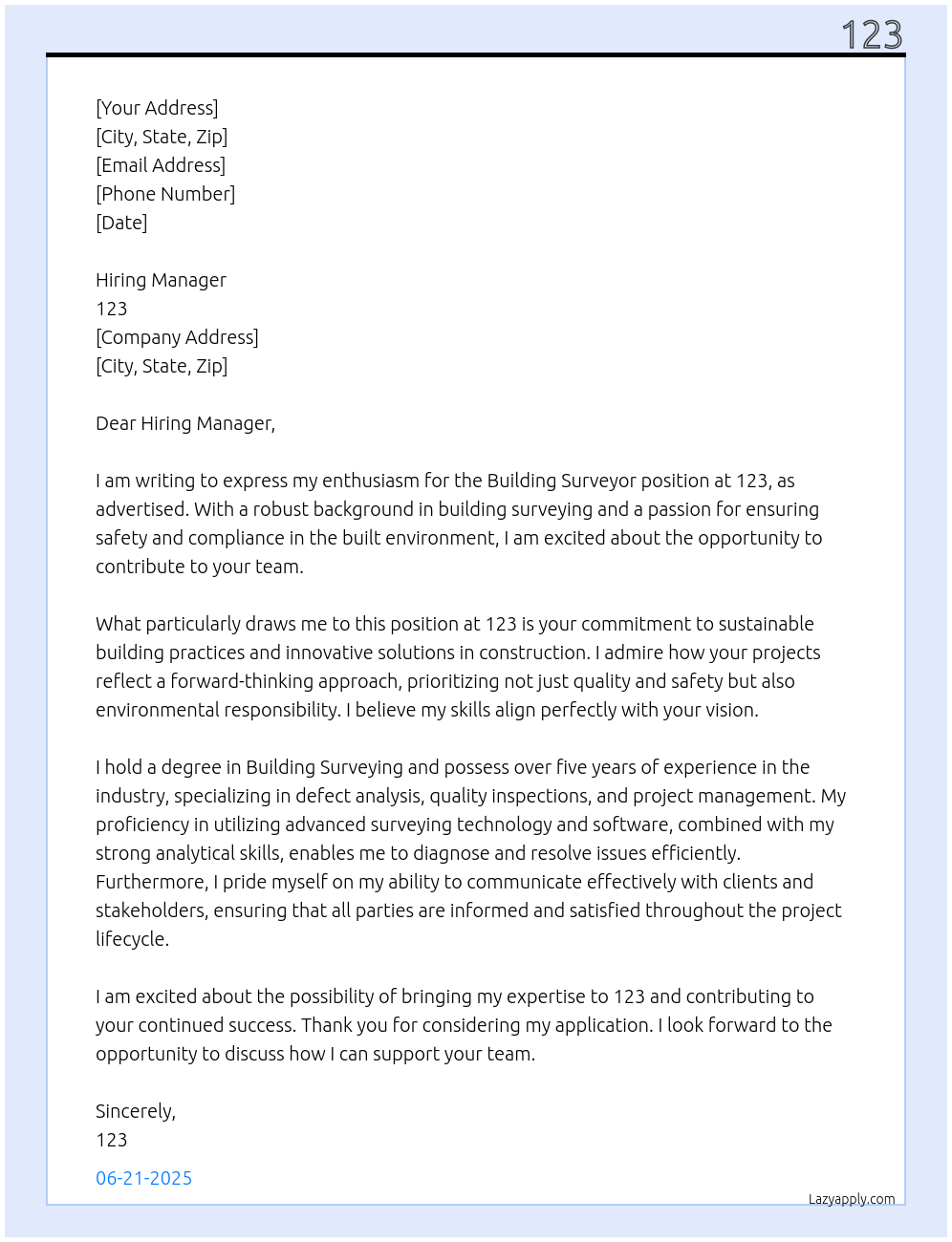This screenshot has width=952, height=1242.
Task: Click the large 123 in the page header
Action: [872, 35]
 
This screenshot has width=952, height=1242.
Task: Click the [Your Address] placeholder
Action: [157, 108]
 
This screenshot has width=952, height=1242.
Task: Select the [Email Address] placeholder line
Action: [161, 165]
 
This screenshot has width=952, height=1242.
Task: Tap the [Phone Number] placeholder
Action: [165, 194]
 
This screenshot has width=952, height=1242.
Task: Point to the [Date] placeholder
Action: [121, 223]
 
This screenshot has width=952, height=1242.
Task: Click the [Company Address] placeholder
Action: [177, 337]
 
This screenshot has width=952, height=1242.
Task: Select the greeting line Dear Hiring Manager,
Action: [185, 423]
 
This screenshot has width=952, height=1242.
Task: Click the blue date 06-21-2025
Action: [143, 1178]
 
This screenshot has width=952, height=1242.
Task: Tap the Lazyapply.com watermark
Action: [852, 1199]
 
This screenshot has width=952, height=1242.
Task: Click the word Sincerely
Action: [135, 1111]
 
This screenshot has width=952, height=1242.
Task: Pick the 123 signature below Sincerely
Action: [112, 1140]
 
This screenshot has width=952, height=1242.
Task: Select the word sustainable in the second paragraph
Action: [767, 624]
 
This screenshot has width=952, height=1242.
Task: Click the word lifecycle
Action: [132, 939]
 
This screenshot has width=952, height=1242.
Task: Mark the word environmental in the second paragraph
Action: [157, 710]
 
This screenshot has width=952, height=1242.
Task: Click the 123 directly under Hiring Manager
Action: [112, 309]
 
